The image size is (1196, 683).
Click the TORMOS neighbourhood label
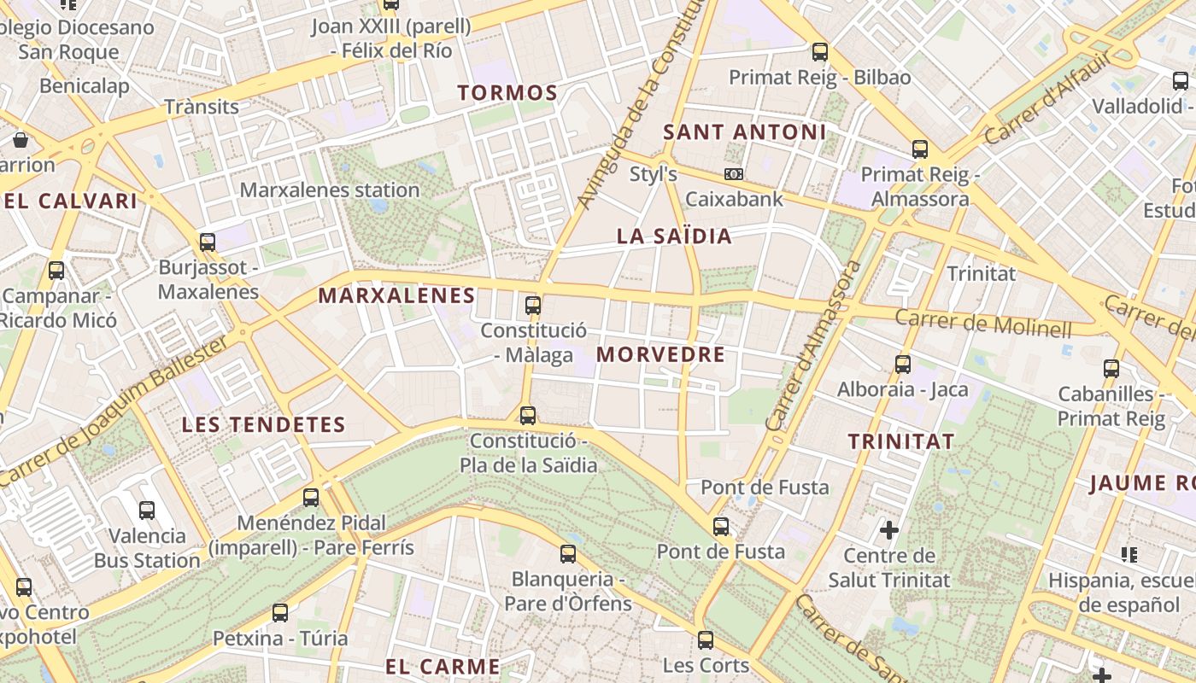[507, 92]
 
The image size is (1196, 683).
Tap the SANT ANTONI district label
[745, 132]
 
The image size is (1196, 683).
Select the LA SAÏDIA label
[674, 236]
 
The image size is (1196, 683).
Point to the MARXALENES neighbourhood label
[396, 296]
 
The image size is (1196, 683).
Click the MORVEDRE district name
[660, 354]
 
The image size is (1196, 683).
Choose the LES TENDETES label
[263, 424]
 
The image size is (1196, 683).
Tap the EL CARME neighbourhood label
[443, 667]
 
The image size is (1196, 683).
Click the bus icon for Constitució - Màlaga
[533, 305]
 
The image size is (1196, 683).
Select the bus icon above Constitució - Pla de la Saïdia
[528, 416]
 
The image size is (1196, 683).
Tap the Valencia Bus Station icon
[147, 511]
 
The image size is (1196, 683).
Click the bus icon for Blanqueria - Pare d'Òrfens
[568, 554]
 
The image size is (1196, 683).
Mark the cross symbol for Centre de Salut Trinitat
[889, 530]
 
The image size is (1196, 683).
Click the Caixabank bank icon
[733, 174]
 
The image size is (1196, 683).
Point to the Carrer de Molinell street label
[982, 324]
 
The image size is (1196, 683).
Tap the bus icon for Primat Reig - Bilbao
[820, 51]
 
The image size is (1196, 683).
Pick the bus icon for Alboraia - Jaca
[903, 365]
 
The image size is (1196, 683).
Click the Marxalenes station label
[330, 190]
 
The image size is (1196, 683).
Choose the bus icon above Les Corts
[706, 639]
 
